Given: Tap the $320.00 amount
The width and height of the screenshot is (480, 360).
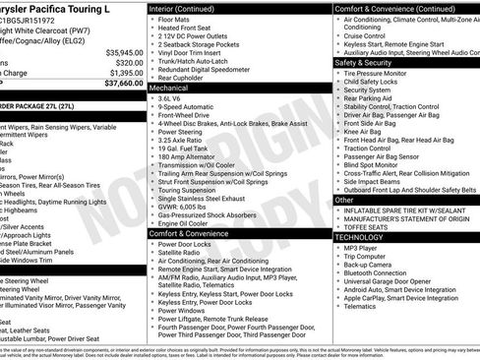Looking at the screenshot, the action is (x=125, y=62).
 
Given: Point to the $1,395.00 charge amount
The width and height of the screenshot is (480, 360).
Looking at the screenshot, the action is (x=122, y=73).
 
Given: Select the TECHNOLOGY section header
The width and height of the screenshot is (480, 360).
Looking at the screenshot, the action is (x=366, y=237).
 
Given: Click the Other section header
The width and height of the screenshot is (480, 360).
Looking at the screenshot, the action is (x=345, y=200).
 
